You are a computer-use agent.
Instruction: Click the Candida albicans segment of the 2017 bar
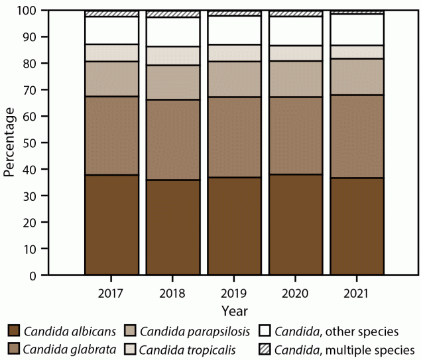click(x=111, y=225)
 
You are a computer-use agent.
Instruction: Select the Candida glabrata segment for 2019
click(x=235, y=137)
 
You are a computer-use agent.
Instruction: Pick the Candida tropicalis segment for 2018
click(x=173, y=56)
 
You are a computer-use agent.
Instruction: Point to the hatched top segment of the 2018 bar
click(x=173, y=14)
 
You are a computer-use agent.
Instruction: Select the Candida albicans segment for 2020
click(x=296, y=225)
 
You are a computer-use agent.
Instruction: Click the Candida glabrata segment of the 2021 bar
click(x=357, y=137)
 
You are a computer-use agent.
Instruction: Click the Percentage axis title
click(x=9, y=143)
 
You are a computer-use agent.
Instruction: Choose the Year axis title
click(x=235, y=310)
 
